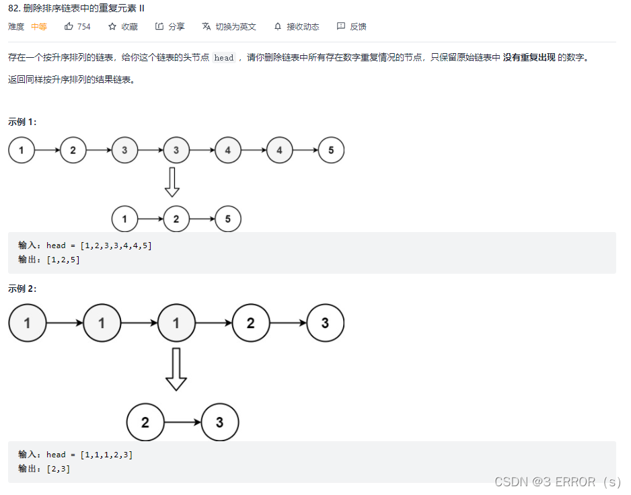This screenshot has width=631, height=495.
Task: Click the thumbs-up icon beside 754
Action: point(69,27)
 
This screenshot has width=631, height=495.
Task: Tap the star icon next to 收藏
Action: point(112,27)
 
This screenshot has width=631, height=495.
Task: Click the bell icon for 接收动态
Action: point(278,27)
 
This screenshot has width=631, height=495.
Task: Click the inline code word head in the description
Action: point(224,58)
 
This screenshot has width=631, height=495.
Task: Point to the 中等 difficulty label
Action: point(39,27)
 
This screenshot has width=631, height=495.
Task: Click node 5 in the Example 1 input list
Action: point(331,150)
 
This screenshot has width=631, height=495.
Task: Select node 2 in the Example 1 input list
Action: point(73,150)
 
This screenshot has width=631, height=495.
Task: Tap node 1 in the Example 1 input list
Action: point(22,150)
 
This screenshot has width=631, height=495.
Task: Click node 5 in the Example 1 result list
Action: point(228,219)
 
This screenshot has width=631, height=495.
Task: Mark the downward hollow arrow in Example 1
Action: point(172,182)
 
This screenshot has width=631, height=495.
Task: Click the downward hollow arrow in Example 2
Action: point(176,369)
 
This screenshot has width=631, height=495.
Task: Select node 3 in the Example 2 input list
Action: point(325,323)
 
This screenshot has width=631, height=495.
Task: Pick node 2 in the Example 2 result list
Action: point(145,422)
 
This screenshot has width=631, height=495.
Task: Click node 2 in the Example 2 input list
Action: point(250,323)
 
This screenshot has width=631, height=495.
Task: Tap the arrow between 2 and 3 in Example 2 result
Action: point(183,422)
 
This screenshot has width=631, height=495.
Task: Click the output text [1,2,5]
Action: point(63,260)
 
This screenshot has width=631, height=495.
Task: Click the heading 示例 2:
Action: point(23,289)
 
